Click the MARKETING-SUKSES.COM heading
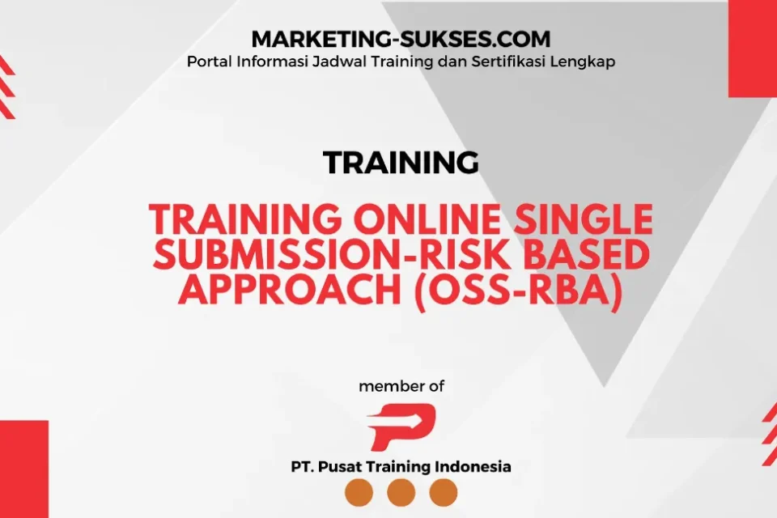coord(401,39)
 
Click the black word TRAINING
coord(401,162)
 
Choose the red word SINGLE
coord(584,219)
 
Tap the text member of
coord(401,386)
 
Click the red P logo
coord(401,427)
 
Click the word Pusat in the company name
coord(334,466)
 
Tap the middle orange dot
coord(401,493)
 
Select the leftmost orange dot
coord(359,493)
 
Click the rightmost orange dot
coord(443,493)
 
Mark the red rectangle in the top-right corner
coord(753,49)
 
